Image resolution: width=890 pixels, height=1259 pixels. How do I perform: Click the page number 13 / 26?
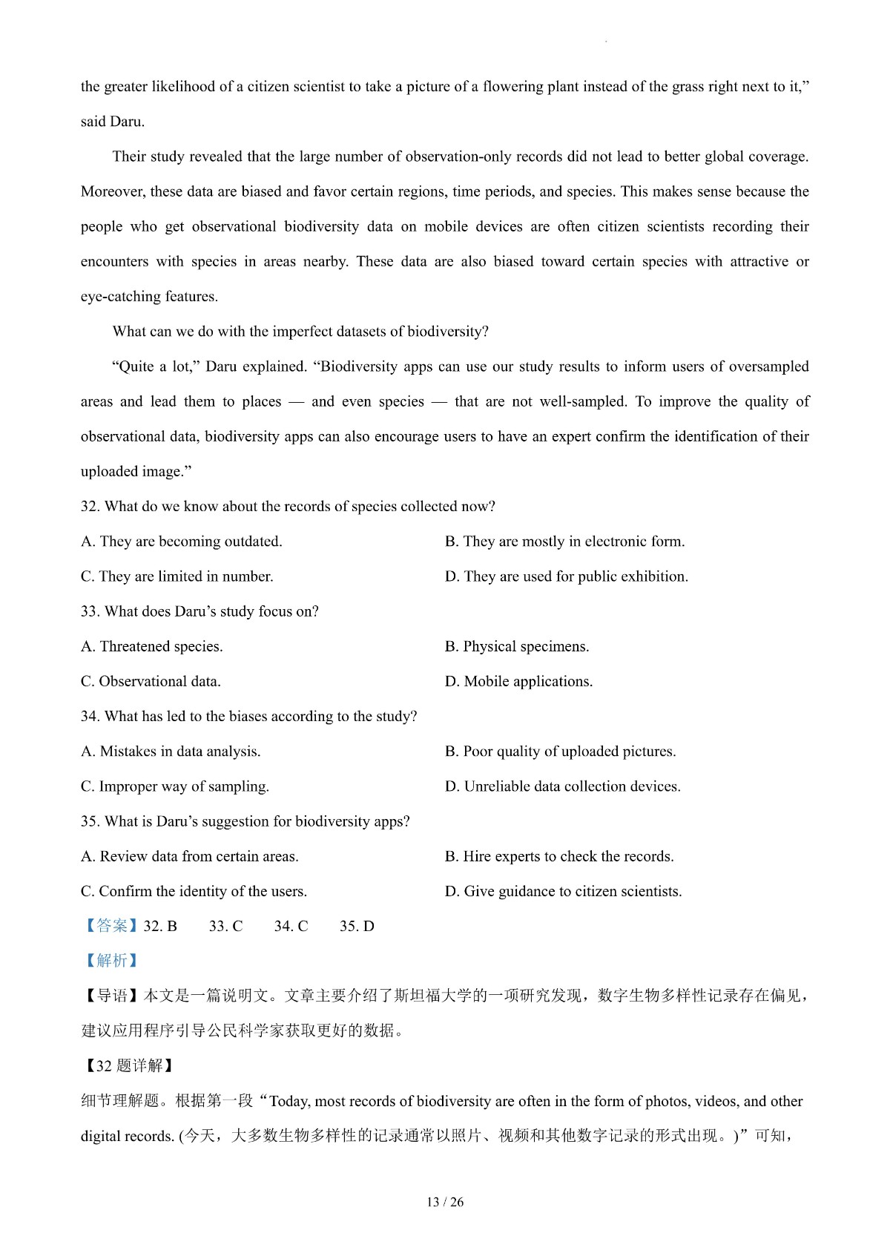click(445, 1202)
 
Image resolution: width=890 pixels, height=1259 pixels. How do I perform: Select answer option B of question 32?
click(564, 542)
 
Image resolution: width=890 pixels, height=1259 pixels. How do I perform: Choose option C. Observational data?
click(151, 681)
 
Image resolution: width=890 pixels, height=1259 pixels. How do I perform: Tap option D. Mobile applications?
click(518, 681)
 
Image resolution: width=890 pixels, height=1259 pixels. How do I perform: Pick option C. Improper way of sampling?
click(175, 786)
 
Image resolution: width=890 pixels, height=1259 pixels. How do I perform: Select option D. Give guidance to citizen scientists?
click(563, 891)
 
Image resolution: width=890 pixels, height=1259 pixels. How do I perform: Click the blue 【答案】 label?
click(111, 926)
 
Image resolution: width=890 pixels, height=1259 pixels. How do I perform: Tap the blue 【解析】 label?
click(111, 961)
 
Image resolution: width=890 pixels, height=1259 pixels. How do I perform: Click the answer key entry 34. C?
click(291, 926)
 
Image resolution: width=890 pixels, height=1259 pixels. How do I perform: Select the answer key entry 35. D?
click(357, 926)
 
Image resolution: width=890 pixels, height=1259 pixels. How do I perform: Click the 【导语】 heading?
click(111, 996)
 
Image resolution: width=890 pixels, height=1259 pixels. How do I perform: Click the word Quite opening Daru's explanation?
click(134, 366)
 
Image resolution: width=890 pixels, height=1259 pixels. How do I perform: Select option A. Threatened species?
click(152, 646)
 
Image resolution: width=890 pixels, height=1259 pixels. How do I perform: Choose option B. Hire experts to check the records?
click(559, 856)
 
